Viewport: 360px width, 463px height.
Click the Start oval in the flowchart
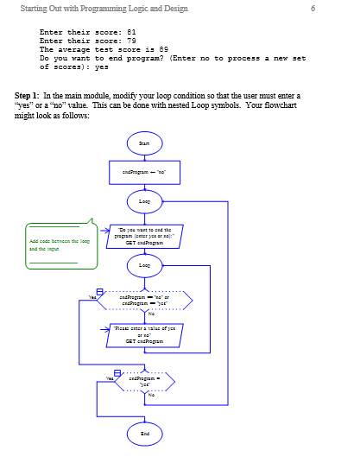pyautogui.click(x=143, y=143)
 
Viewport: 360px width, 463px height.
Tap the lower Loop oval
pyautogui.click(x=143, y=266)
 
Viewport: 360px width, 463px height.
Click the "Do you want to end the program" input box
pyautogui.click(x=143, y=236)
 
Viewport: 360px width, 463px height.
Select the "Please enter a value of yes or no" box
pyautogui.click(x=143, y=334)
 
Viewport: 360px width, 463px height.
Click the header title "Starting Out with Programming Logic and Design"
pyautogui.click(x=96, y=9)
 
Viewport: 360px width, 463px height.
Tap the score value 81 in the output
pyautogui.click(x=131, y=31)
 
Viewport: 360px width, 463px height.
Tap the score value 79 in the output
pyautogui.click(x=131, y=40)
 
